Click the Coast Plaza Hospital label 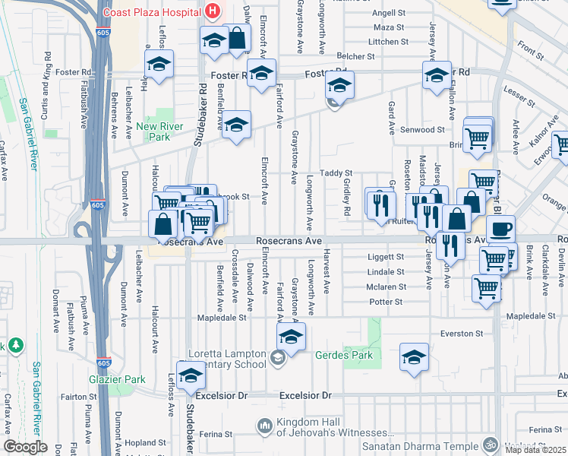[152, 11]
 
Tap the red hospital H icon [212, 11]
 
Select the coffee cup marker [500, 229]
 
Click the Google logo [25, 447]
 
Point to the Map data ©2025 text [536, 450]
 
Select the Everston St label [462, 333]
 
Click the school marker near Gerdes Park [414, 357]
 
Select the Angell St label [389, 13]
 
